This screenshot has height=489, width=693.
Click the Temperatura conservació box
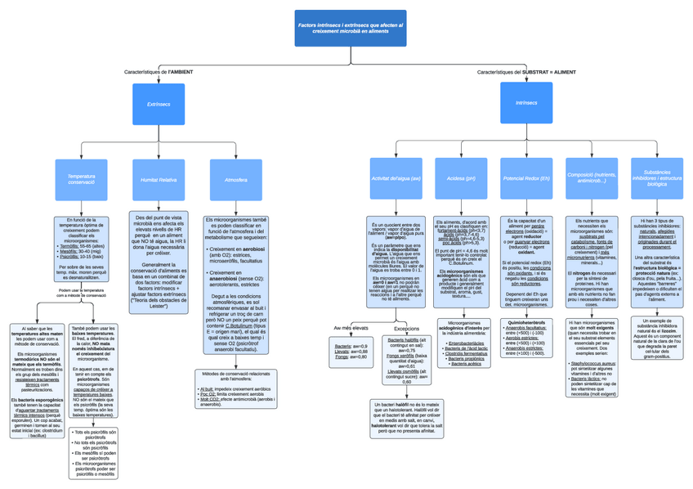click(x=81, y=179)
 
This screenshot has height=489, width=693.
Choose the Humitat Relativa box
click(x=158, y=179)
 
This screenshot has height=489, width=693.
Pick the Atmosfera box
click(x=235, y=179)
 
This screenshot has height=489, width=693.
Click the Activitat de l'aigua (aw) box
click(x=396, y=178)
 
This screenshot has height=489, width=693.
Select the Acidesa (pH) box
click(x=461, y=178)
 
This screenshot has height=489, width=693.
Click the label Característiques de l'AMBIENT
click(x=159, y=72)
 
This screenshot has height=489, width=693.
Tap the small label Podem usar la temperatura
click(x=81, y=292)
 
